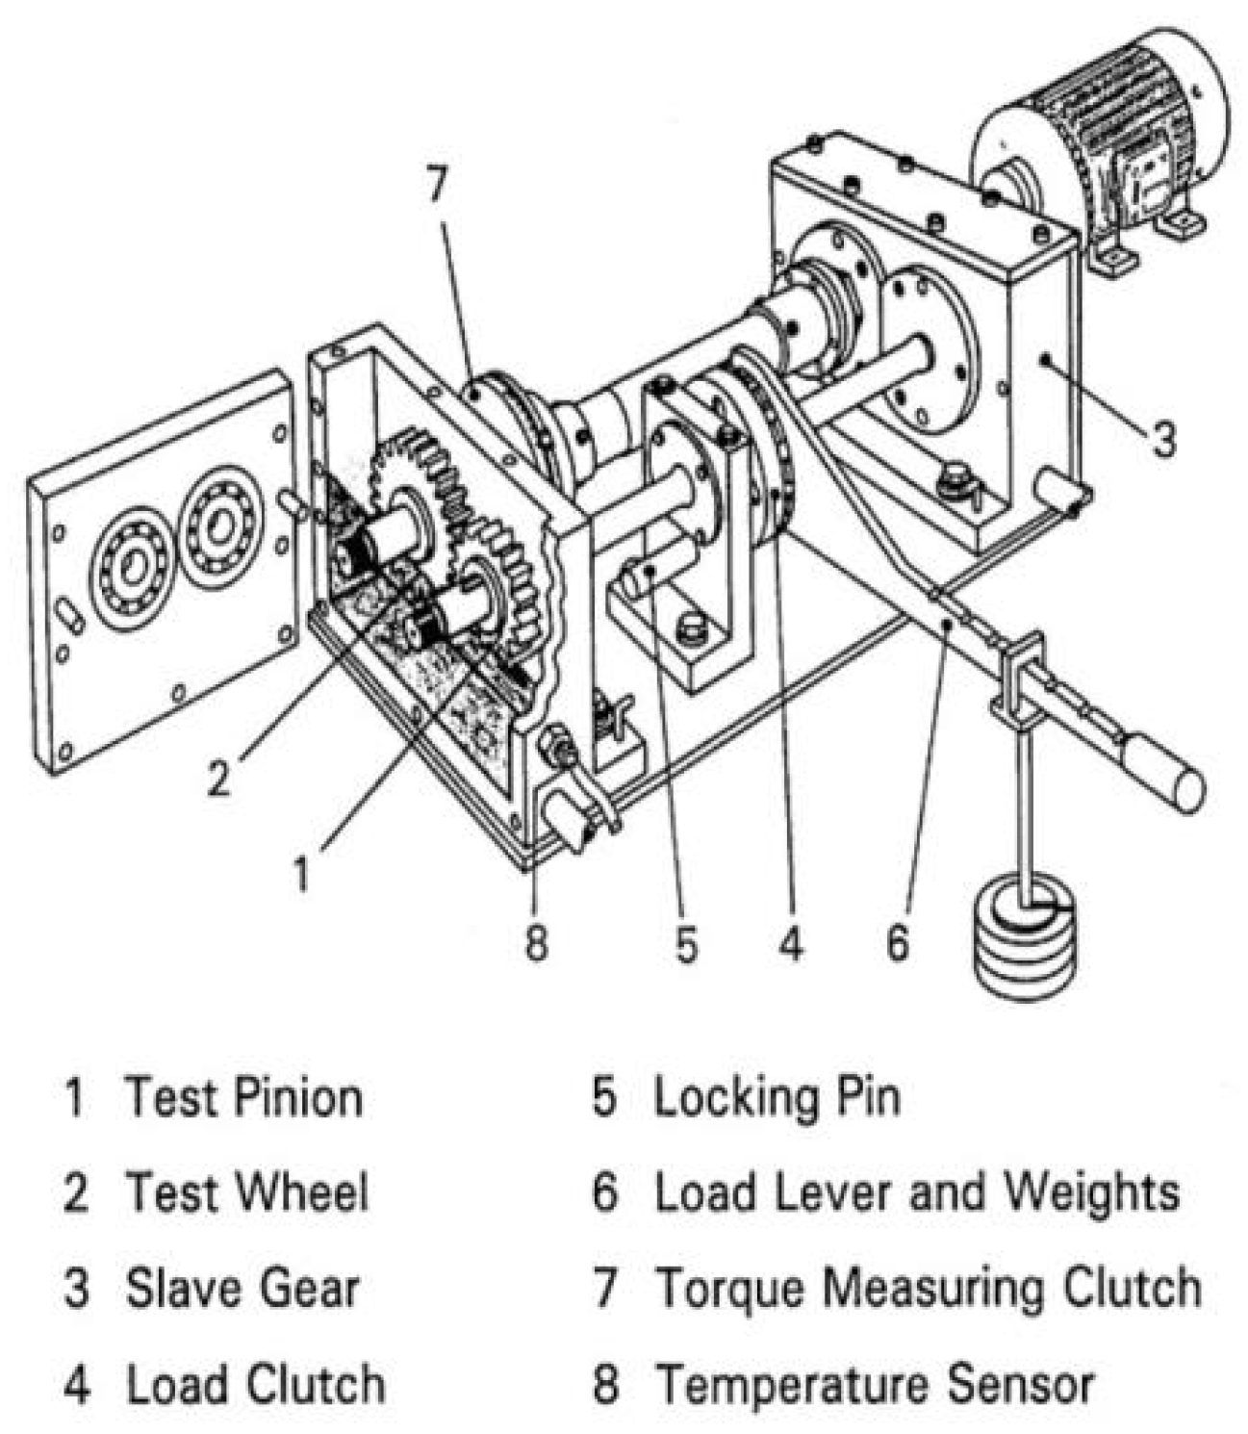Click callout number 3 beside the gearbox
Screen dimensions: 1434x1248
[x=1163, y=439]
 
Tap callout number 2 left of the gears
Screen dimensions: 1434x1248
[x=219, y=777]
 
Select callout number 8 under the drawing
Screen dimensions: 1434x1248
[x=536, y=941]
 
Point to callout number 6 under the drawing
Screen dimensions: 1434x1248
[x=897, y=941]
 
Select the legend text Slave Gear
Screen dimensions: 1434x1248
[x=242, y=1289]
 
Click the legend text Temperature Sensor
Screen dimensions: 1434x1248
[x=874, y=1385]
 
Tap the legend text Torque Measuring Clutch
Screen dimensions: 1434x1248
[x=928, y=1289]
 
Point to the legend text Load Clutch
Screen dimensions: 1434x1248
[x=256, y=1385]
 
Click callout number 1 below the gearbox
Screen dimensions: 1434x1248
[x=302, y=875]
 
